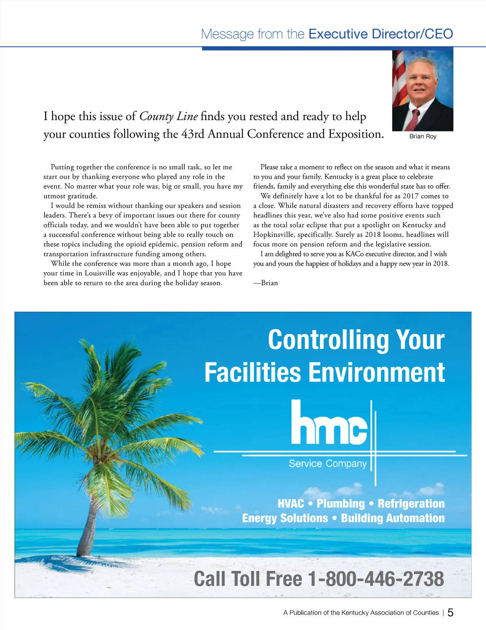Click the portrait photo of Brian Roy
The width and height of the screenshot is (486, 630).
(422, 91)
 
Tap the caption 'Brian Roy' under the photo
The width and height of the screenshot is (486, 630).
(423, 136)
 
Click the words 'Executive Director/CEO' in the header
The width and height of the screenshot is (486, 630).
(381, 34)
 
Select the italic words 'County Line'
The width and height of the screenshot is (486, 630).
(168, 116)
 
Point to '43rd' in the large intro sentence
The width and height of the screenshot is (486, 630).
(193, 134)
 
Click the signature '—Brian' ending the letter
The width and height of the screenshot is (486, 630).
(266, 283)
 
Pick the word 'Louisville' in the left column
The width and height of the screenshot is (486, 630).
(100, 273)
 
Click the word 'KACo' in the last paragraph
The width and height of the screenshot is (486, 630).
(354, 254)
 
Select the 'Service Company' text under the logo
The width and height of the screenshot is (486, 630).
(328, 463)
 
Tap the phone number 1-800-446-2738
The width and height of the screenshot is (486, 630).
(376, 579)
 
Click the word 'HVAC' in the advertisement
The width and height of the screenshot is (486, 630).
(290, 503)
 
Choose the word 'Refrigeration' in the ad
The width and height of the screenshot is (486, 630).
(411, 503)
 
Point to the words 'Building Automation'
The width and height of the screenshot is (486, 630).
(392, 518)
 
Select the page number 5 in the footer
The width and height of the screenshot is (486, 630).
(450, 613)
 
